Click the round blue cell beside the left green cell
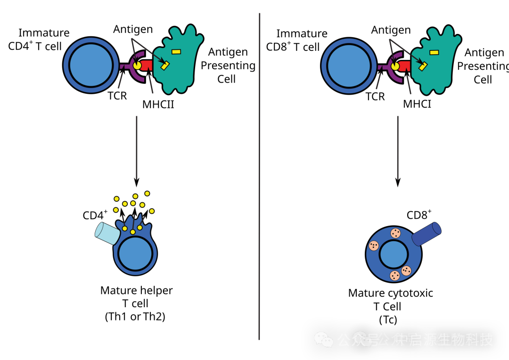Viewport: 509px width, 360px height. (x=91, y=65)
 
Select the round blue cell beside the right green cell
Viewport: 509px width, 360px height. (x=349, y=65)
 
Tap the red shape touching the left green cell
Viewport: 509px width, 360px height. (x=146, y=65)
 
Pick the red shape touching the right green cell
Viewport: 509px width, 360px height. (x=404, y=66)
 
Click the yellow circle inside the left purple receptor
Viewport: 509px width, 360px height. (x=137, y=65)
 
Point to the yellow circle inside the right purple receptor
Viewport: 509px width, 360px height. (x=395, y=66)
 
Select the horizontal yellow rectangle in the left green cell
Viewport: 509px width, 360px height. (x=176, y=51)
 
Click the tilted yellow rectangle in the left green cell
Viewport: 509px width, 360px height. (x=165, y=65)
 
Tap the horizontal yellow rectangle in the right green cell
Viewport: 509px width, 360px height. (x=434, y=52)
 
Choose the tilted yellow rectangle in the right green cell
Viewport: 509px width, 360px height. (x=423, y=66)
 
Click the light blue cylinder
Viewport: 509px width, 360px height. (x=107, y=234)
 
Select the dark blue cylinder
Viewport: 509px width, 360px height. (x=426, y=234)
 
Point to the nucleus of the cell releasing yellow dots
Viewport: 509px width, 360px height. (x=135, y=253)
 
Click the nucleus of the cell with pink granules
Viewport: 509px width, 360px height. (x=394, y=254)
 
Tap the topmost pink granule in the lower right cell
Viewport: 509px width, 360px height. (x=395, y=233)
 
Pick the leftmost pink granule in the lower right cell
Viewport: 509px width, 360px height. (x=374, y=246)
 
